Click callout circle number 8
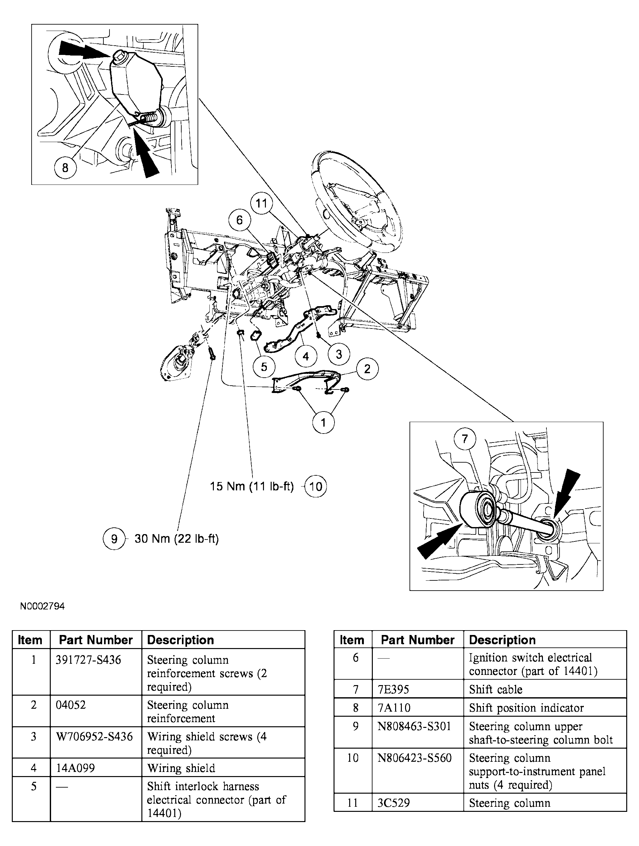tap(65, 168)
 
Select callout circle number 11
tap(261, 203)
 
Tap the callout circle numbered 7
tap(465, 438)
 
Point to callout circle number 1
tap(323, 423)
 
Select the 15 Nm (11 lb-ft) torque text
tap(252, 487)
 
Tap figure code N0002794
tap(42, 606)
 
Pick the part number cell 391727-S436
tap(88, 660)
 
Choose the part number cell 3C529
tap(394, 803)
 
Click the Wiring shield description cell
tap(181, 768)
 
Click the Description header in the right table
tap(502, 640)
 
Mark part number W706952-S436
tap(94, 736)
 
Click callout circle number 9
tap(114, 539)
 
